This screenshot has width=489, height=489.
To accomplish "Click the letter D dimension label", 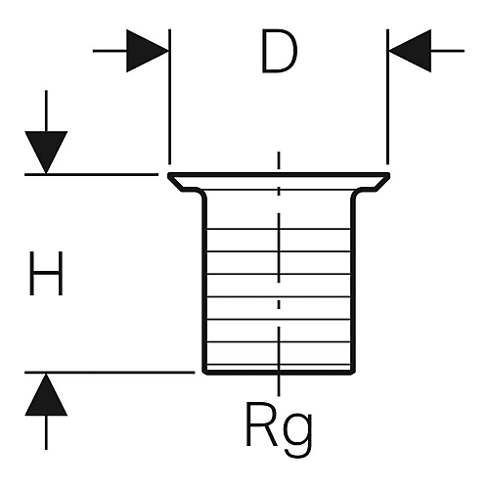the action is pos(279,51).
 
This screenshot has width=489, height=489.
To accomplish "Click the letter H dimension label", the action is pos(46,273).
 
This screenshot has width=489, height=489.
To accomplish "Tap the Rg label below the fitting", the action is pos(279,428).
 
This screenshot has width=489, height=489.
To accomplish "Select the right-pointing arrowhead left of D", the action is pos(148,51).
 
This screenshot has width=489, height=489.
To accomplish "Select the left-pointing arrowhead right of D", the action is pos(410,51).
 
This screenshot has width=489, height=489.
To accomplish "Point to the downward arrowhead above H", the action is pos(46,153).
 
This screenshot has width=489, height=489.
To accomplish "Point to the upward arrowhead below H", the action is pos(46,394).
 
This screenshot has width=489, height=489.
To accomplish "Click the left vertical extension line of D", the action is pos(169,97).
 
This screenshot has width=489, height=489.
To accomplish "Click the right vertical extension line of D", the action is pos(387,97).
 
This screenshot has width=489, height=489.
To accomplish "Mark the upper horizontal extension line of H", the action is pos(91,175).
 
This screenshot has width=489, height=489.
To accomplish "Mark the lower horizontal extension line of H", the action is pos(110,372).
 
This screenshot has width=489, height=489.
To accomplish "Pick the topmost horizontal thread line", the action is pos(279,229).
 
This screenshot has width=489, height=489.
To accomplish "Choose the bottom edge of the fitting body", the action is pos(279,373).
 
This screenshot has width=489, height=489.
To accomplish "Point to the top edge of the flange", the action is pos(279,175).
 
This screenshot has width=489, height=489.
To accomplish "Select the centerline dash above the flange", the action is pos(279,160).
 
